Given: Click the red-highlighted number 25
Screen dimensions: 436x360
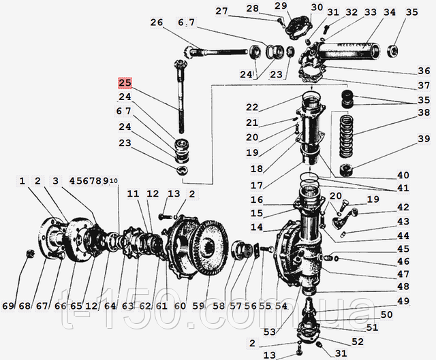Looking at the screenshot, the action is coord(125,83).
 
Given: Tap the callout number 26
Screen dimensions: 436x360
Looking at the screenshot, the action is coord(156,22).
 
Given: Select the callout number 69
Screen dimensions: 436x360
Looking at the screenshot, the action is coord(8,306).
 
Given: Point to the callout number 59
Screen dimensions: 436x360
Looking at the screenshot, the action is coord(198,306).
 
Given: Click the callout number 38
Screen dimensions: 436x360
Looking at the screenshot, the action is coord(424,112).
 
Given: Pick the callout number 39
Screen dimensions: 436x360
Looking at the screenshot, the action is coord(424,138).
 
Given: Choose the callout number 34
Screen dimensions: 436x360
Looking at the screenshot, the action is coord(389,12).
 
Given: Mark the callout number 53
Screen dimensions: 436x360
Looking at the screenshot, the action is coord(270,331).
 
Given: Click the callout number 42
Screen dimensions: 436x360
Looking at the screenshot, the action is coord(403,207).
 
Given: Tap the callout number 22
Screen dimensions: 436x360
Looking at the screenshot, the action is coord(252,108).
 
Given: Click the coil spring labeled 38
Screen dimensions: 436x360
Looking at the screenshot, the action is coord(346,136).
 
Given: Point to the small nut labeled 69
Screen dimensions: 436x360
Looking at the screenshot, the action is coord(30,254).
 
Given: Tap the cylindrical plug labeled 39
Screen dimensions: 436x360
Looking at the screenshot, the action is coord(346,170).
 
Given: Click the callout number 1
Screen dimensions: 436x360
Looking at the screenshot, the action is coord(22,181).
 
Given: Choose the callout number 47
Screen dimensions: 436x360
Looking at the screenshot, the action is coord(403,274).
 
